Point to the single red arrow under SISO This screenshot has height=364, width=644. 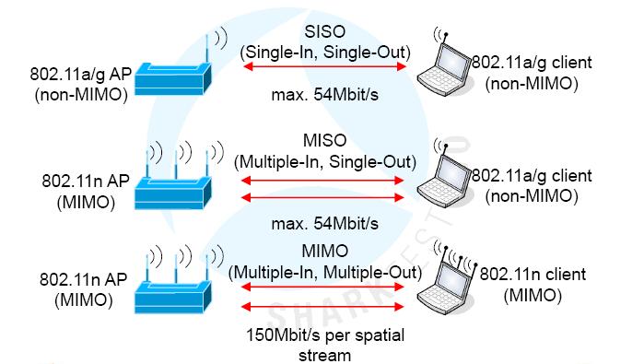[324, 67]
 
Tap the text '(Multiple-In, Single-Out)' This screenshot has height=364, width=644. [324, 161]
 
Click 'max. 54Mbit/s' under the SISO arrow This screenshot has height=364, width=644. [324, 94]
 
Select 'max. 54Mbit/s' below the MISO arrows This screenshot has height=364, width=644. [324, 222]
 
